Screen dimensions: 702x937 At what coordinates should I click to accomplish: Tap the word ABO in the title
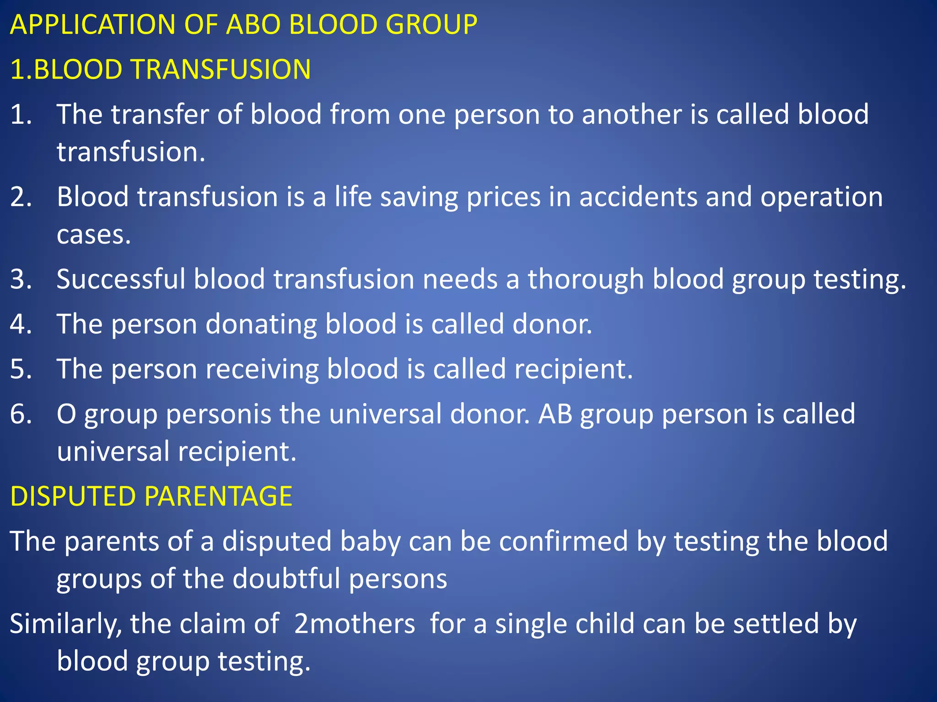tap(253, 25)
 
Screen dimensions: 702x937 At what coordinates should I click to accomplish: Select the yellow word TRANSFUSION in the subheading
tap(221, 69)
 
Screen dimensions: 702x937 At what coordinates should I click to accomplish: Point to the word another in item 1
tap(632, 114)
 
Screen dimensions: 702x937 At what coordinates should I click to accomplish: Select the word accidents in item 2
tap(638, 197)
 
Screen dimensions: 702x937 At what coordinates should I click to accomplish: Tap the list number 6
tap(21, 414)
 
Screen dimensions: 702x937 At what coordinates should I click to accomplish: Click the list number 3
tap(21, 279)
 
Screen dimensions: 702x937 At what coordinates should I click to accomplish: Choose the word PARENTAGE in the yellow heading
tap(218, 496)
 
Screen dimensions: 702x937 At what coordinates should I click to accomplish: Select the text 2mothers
tap(355, 624)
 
